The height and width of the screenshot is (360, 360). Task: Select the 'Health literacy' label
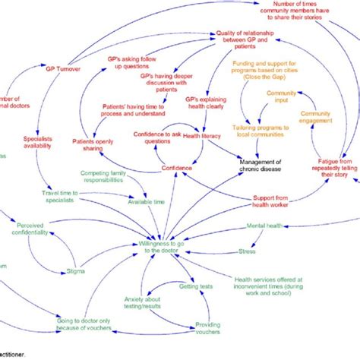202,136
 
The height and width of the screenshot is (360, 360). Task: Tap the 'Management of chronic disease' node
261,166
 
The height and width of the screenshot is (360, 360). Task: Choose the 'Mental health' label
264,226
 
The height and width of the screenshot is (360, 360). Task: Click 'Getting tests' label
195,286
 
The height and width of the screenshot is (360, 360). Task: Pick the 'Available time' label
147,201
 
